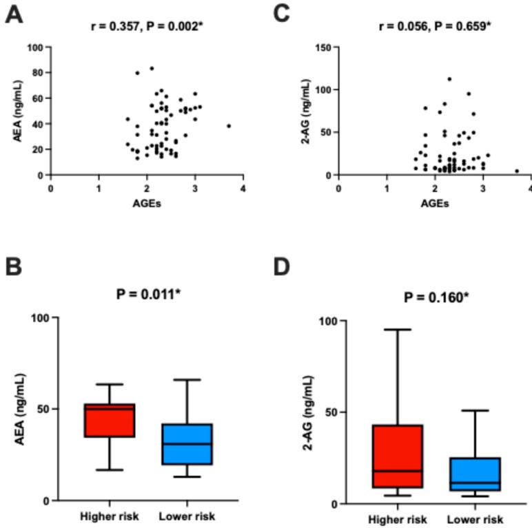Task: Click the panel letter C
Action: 282,14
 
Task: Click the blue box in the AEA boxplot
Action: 187,444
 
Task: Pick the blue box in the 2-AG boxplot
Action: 475,474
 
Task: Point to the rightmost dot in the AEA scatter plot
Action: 229,126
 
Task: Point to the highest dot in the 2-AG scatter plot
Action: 449,79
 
